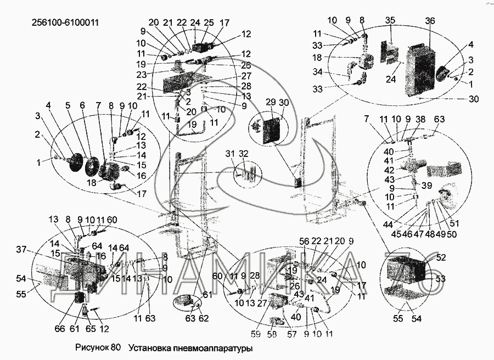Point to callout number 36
pos(430,21)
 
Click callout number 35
pos(390,21)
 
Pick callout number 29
pos(270,103)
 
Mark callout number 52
pos(441,257)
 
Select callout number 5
pos(69,105)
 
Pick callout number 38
pos(420,118)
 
